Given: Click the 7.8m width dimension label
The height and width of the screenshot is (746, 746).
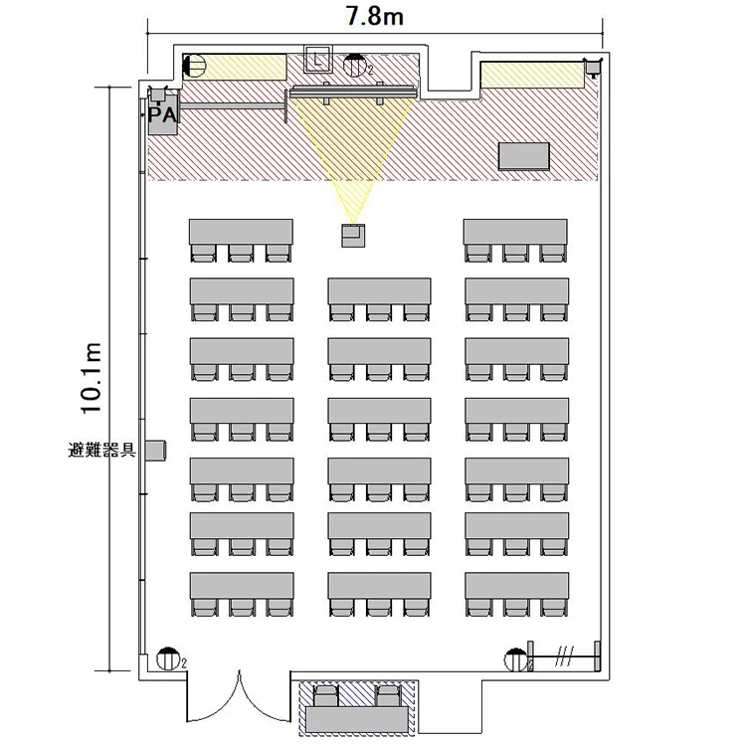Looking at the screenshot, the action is tap(375, 16).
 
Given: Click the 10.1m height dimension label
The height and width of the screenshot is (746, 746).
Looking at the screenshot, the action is tap(92, 378).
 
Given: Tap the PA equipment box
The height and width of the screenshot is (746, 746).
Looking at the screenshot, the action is tap(163, 112).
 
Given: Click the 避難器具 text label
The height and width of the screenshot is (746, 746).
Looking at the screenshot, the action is tap(101, 450).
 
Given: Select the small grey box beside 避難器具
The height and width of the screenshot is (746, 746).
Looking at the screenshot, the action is tap(155, 451).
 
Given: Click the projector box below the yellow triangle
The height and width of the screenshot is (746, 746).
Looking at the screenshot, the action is tap(353, 235).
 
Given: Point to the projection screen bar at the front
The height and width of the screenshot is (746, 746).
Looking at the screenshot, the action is tap(353, 93).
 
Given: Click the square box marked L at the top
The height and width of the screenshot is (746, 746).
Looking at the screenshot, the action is tap(318, 60).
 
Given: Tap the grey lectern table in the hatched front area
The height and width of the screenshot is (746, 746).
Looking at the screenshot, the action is tap(524, 156).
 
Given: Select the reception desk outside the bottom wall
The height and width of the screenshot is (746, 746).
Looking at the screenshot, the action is tap(357, 719).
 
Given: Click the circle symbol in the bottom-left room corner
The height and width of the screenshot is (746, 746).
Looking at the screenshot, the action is tap(167, 658).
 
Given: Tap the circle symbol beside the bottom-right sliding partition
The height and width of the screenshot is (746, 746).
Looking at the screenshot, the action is tap(515, 659).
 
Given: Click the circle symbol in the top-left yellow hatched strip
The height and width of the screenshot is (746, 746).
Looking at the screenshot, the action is tap(194, 66).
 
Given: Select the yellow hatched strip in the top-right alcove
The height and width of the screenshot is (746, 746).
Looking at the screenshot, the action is tap(532, 75).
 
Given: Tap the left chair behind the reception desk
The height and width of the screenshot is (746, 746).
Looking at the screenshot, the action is tap(325, 695).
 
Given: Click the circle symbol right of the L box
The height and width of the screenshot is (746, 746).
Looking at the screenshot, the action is tap(354, 66).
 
